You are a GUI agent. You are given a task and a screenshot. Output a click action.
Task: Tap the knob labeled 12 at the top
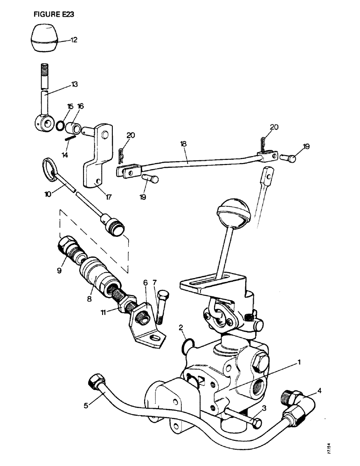tap(44, 40)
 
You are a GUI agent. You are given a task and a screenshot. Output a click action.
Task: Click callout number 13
tap(74, 84)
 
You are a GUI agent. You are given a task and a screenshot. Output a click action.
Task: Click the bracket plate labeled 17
tap(97, 158)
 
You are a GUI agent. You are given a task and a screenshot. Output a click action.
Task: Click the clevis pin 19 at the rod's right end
tap(290, 158)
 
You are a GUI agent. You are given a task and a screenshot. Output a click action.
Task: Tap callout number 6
tap(145, 282)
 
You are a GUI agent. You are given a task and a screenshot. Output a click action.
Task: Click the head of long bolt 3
tap(256, 423)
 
